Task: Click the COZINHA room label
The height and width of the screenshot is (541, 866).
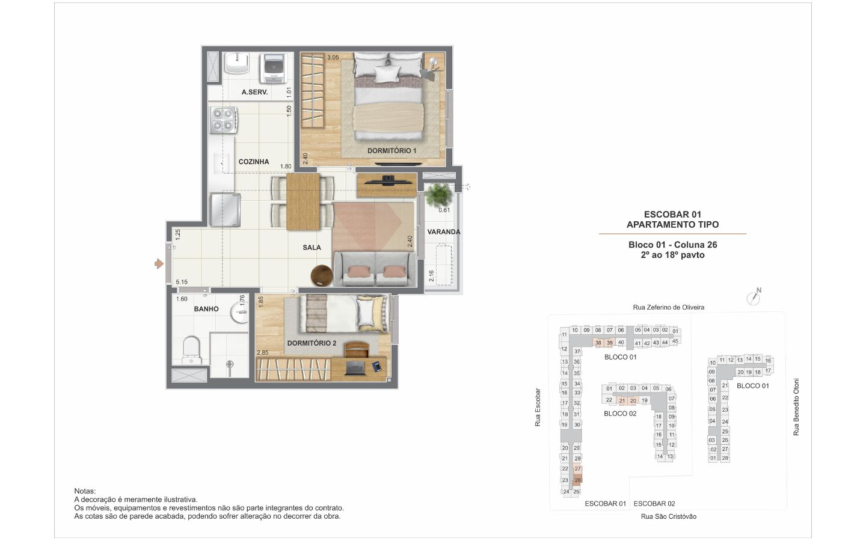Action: [254, 162]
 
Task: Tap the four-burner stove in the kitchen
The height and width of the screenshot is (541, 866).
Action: [223, 120]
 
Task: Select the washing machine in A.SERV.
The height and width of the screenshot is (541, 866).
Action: [273, 69]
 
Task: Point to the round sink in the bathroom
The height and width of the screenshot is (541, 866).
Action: [240, 312]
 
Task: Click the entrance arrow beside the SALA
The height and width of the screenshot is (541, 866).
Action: [159, 264]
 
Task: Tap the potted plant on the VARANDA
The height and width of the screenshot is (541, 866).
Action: [438, 195]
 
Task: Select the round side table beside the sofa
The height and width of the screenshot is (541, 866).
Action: [322, 275]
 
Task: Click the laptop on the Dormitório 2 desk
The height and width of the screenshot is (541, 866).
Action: [355, 368]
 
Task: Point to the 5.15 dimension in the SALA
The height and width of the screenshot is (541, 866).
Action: [182, 282]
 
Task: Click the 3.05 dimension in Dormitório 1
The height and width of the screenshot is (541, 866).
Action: [333, 58]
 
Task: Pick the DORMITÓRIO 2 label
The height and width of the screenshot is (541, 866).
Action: [312, 343]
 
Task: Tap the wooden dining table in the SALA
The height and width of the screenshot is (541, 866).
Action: [303, 201]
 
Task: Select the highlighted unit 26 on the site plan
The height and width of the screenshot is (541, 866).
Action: [577, 480]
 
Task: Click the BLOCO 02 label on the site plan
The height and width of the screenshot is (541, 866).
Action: [620, 414]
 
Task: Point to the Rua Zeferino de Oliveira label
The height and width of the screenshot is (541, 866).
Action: [669, 307]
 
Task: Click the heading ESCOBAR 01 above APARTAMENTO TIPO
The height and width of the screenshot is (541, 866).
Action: [672, 214]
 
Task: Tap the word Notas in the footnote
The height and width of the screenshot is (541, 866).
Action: [85, 491]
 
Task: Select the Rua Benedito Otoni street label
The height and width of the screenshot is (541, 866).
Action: [796, 407]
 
